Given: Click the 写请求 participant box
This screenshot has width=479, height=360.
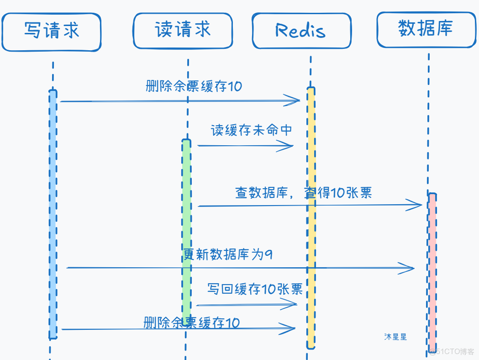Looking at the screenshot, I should (51, 31).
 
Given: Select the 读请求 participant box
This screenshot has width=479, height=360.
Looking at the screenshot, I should (183, 30).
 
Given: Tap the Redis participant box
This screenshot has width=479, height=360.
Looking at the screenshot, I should (301, 31).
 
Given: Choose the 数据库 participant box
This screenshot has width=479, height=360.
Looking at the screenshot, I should (426, 29).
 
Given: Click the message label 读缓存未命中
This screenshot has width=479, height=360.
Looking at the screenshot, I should (251, 130).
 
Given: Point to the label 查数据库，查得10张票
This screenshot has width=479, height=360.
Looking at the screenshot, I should (303, 192).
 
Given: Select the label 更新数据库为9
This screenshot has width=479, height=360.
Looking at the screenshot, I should (228, 254).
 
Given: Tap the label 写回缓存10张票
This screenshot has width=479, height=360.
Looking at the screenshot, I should (255, 289).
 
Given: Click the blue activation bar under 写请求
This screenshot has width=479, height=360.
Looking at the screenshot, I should (53, 215).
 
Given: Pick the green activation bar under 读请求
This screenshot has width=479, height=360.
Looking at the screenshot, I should (186, 228).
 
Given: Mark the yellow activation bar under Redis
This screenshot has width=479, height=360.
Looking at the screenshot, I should (311, 217).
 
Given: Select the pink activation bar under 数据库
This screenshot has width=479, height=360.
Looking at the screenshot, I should (432, 270).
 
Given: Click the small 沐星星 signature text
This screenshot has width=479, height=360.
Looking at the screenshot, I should (395, 337).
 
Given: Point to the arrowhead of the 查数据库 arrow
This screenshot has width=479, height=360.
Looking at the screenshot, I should (417, 205).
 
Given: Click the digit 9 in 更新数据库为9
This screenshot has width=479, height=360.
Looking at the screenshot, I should (268, 254).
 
